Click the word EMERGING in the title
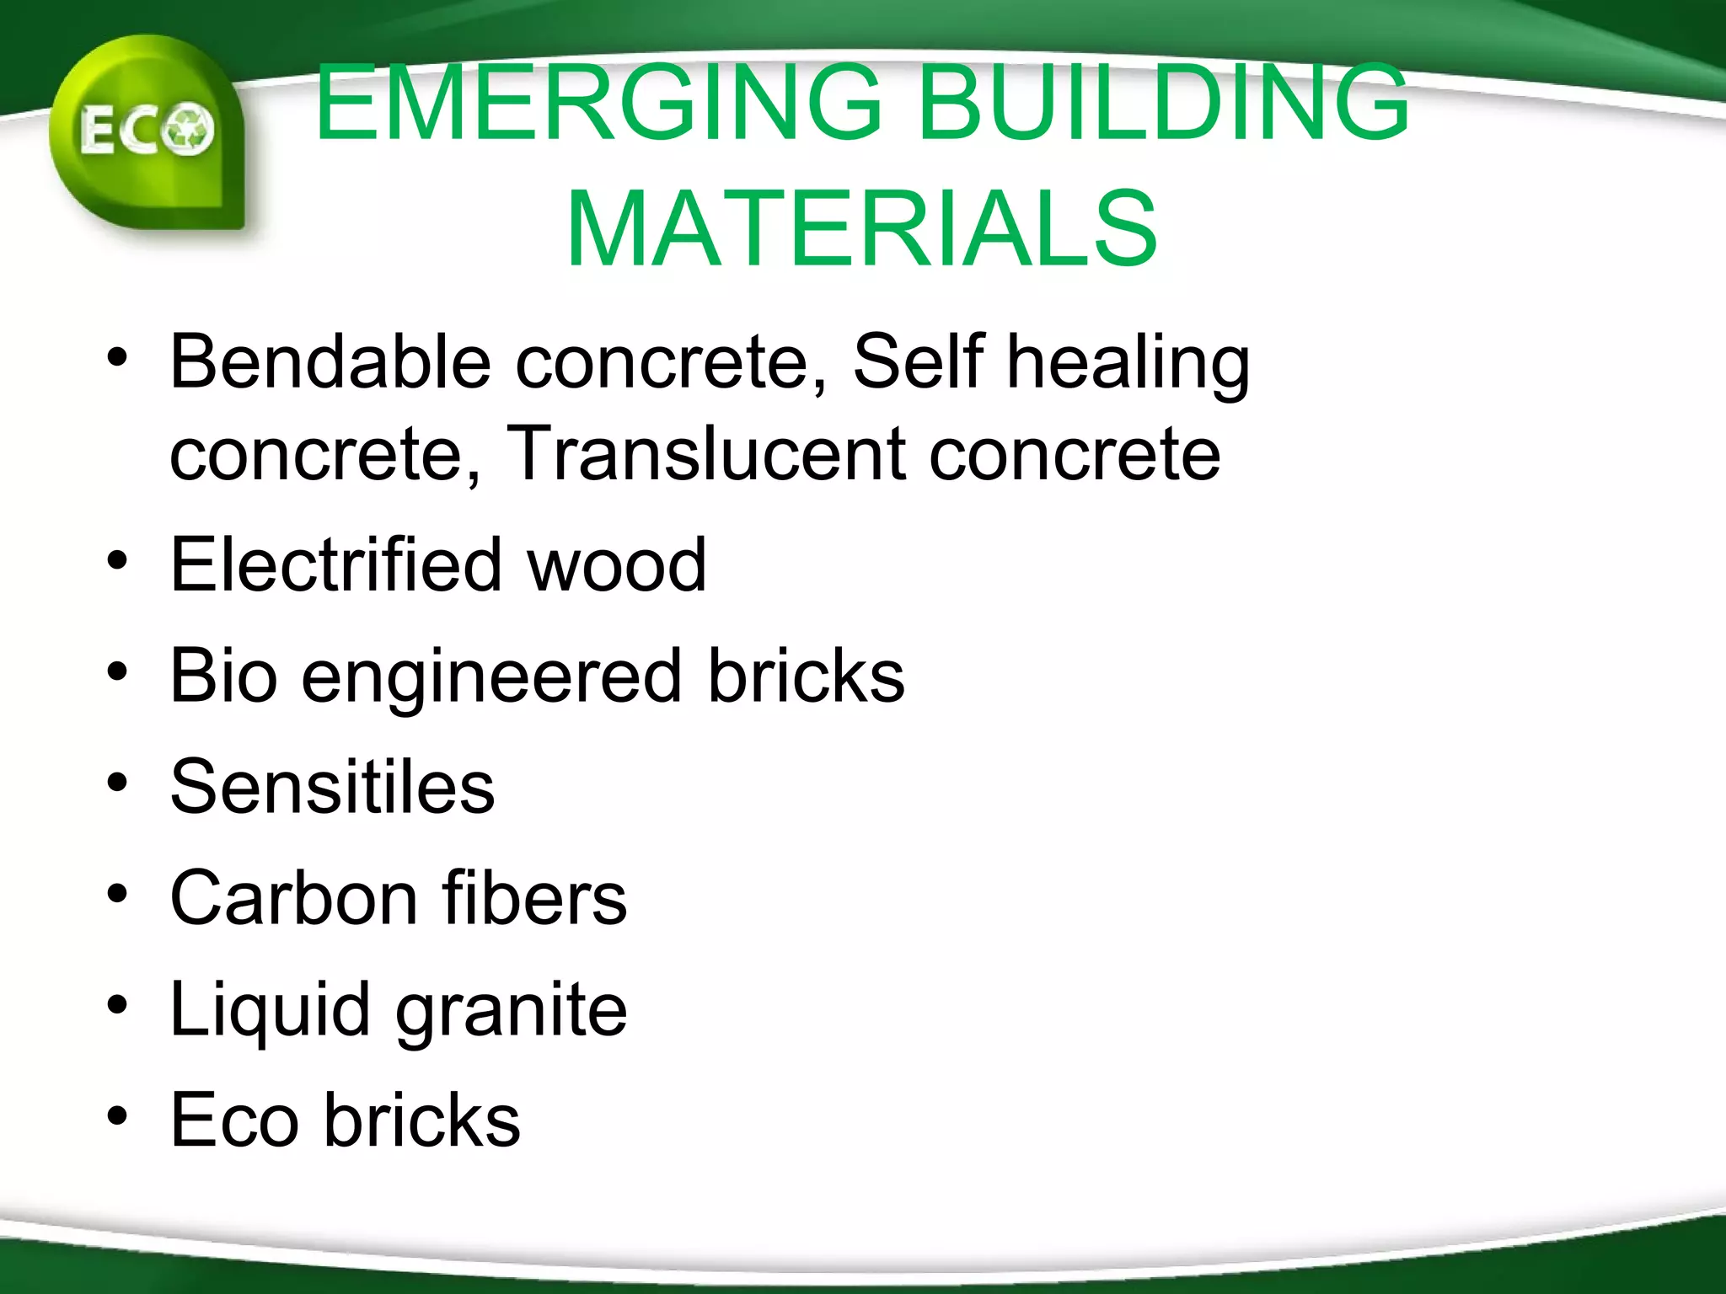(x=598, y=103)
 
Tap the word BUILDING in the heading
(x=1163, y=103)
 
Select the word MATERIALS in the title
(x=861, y=229)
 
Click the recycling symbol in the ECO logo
(x=189, y=130)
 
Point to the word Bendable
(x=330, y=361)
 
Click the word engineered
(x=491, y=677)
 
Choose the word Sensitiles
(x=332, y=787)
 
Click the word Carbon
(x=292, y=898)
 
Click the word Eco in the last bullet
(x=234, y=1120)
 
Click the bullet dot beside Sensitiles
(x=117, y=783)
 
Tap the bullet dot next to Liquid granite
(x=117, y=1005)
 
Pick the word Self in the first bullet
(x=918, y=361)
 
